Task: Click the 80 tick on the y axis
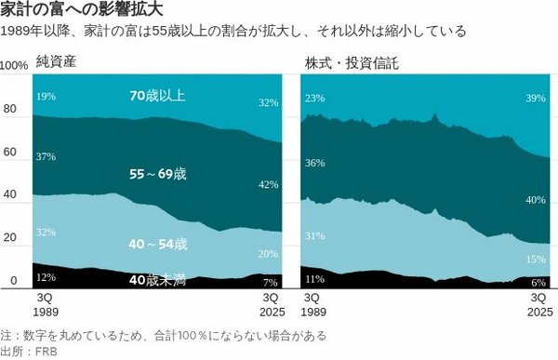pyautogui.click(x=10, y=109)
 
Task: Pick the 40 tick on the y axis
pyautogui.click(x=10, y=195)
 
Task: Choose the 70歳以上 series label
pyautogui.click(x=159, y=95)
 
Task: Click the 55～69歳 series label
pyautogui.click(x=159, y=174)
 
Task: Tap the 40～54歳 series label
pyautogui.click(x=159, y=245)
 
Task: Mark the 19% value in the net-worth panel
pyautogui.click(x=45, y=96)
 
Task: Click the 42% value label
pyautogui.click(x=268, y=185)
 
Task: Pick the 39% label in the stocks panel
pyautogui.click(x=536, y=99)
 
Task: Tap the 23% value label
pyautogui.click(x=314, y=99)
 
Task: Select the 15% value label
pyautogui.click(x=536, y=260)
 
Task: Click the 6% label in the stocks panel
pyautogui.click(x=538, y=282)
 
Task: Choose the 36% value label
pyautogui.click(x=314, y=163)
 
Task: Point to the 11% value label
pyautogui.click(x=314, y=278)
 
